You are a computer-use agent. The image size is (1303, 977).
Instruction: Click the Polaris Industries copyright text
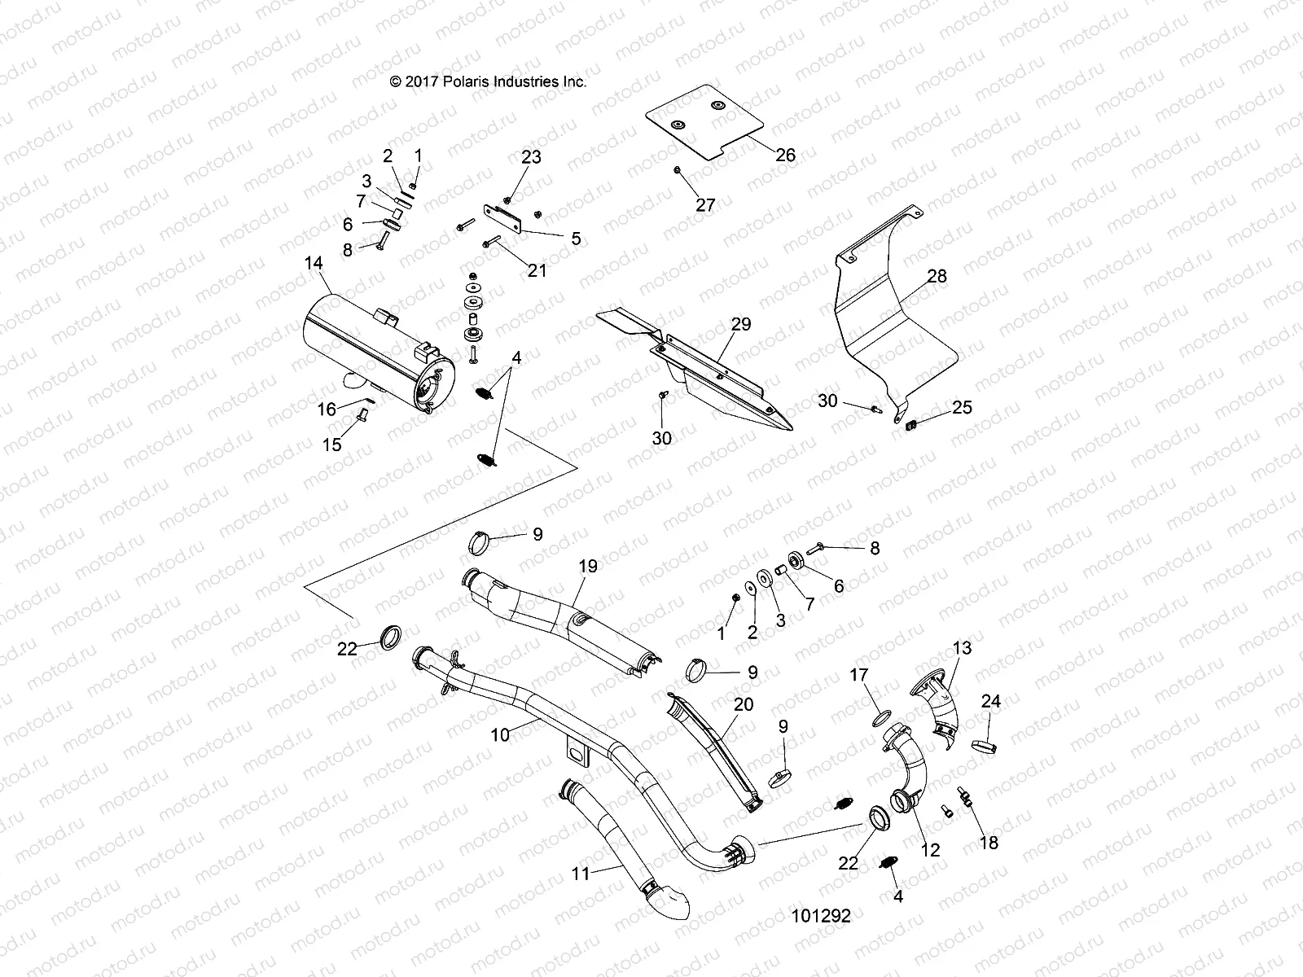click(488, 81)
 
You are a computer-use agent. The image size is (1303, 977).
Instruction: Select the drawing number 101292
click(820, 916)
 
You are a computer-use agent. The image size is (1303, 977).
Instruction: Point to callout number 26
click(785, 153)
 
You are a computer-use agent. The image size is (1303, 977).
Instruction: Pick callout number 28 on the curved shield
click(937, 276)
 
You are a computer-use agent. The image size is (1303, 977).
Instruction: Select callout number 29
click(740, 324)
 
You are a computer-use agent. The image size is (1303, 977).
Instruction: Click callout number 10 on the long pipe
click(499, 734)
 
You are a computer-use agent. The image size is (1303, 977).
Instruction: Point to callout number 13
click(962, 648)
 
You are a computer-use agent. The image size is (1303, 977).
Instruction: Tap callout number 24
click(990, 701)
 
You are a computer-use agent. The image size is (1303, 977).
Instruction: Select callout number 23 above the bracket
click(531, 156)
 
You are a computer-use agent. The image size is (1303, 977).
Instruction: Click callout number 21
click(537, 270)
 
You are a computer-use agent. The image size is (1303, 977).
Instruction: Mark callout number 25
click(962, 406)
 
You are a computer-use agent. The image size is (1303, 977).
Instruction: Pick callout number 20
click(744, 704)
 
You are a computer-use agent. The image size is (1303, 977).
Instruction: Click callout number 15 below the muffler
click(332, 445)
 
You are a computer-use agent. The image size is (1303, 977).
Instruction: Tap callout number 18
click(989, 843)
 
